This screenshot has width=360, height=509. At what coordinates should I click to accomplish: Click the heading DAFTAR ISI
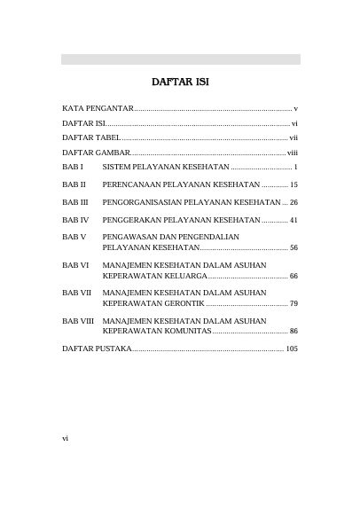point(180,82)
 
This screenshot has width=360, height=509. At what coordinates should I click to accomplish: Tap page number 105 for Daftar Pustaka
point(292,349)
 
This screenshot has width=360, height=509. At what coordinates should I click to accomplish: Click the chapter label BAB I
point(72,167)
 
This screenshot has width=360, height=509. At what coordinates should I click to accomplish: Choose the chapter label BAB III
point(74,202)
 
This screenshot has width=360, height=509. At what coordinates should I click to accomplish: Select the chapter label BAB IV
point(74,220)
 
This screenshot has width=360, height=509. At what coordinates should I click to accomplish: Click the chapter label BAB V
point(74,238)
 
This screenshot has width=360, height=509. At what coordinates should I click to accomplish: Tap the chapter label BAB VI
point(75,265)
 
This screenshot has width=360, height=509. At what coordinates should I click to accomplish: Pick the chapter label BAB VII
point(76,293)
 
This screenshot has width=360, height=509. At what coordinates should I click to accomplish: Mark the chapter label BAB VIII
point(78,320)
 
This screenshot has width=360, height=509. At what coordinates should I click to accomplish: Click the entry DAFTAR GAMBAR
point(95,153)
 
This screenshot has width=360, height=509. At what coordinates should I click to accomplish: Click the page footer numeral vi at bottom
point(65,438)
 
